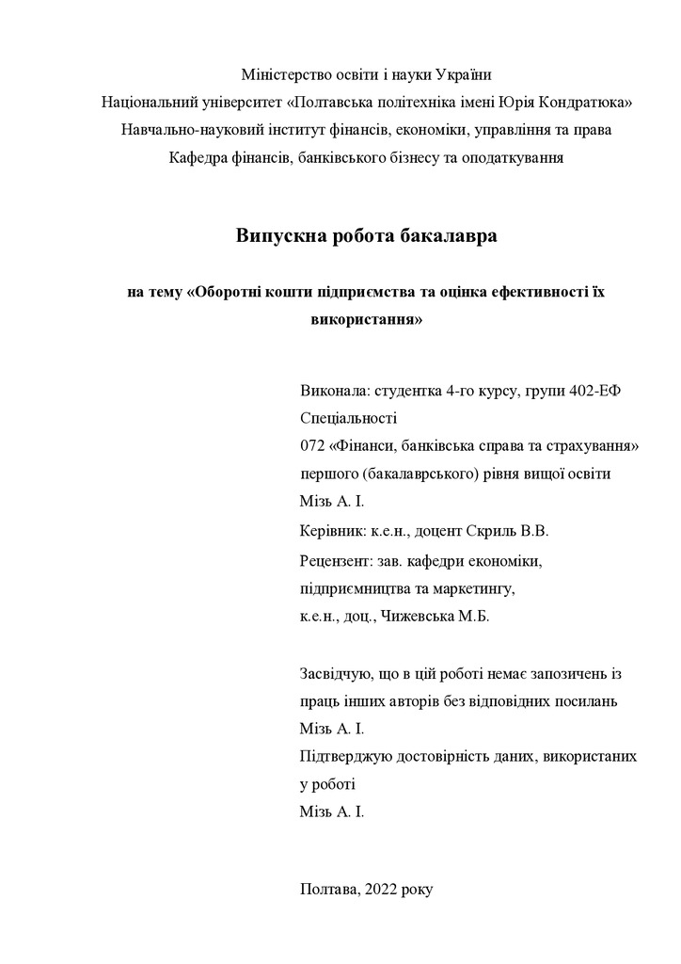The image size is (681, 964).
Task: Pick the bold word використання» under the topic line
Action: (366, 319)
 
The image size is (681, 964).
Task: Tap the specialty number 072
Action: (311, 445)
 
